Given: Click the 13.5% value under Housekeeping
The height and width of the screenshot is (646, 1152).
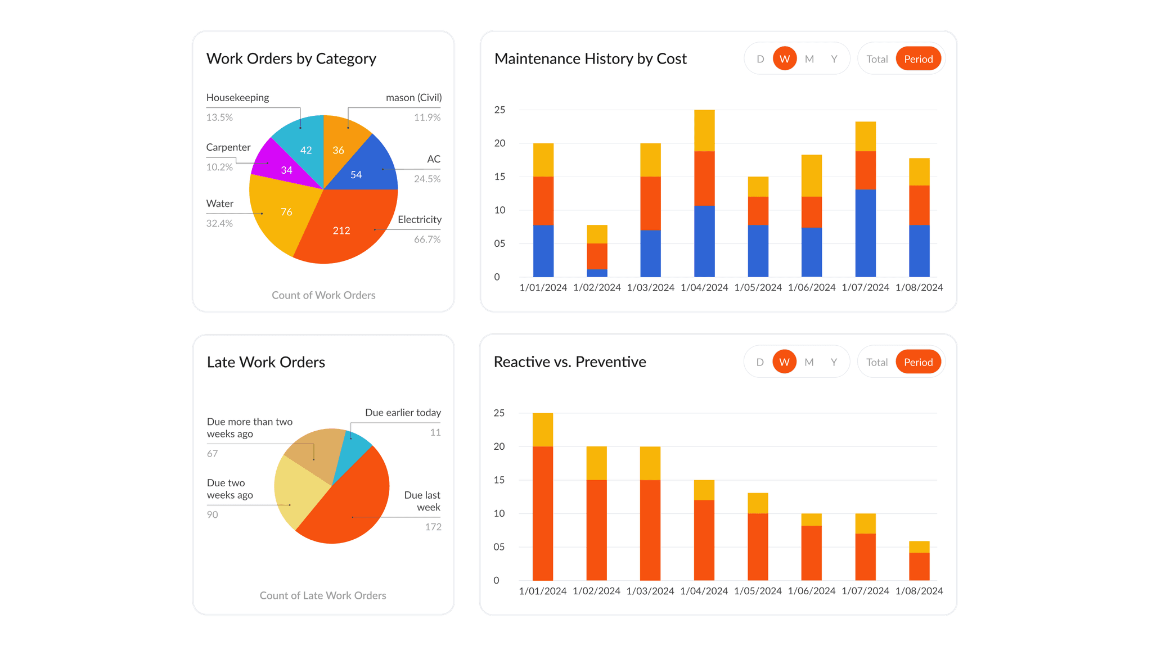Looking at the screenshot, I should (x=219, y=118).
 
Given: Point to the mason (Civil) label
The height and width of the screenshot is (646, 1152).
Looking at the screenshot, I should (x=413, y=98).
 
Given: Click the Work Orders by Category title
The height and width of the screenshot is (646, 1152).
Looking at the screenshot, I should (x=291, y=59).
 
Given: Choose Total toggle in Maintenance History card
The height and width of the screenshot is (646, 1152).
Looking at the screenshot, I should (x=876, y=59).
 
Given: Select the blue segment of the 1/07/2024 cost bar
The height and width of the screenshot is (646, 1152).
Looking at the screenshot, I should (x=865, y=233).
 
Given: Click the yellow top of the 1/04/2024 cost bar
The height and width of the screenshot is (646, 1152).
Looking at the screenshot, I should (x=704, y=130).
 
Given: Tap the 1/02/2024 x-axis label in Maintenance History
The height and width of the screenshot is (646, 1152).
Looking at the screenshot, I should (x=597, y=288).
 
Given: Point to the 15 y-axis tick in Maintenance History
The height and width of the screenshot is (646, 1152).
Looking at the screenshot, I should (x=499, y=177).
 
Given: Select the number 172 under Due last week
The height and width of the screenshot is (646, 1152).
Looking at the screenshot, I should (x=433, y=527).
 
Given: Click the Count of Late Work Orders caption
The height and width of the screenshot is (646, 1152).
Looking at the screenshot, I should (x=323, y=595).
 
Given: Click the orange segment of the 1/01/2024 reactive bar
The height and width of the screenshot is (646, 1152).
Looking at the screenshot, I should (x=543, y=512).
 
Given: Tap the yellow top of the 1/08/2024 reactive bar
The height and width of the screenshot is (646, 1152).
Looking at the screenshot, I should (x=919, y=546).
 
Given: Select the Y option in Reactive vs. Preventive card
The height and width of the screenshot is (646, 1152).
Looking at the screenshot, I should (x=834, y=362).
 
